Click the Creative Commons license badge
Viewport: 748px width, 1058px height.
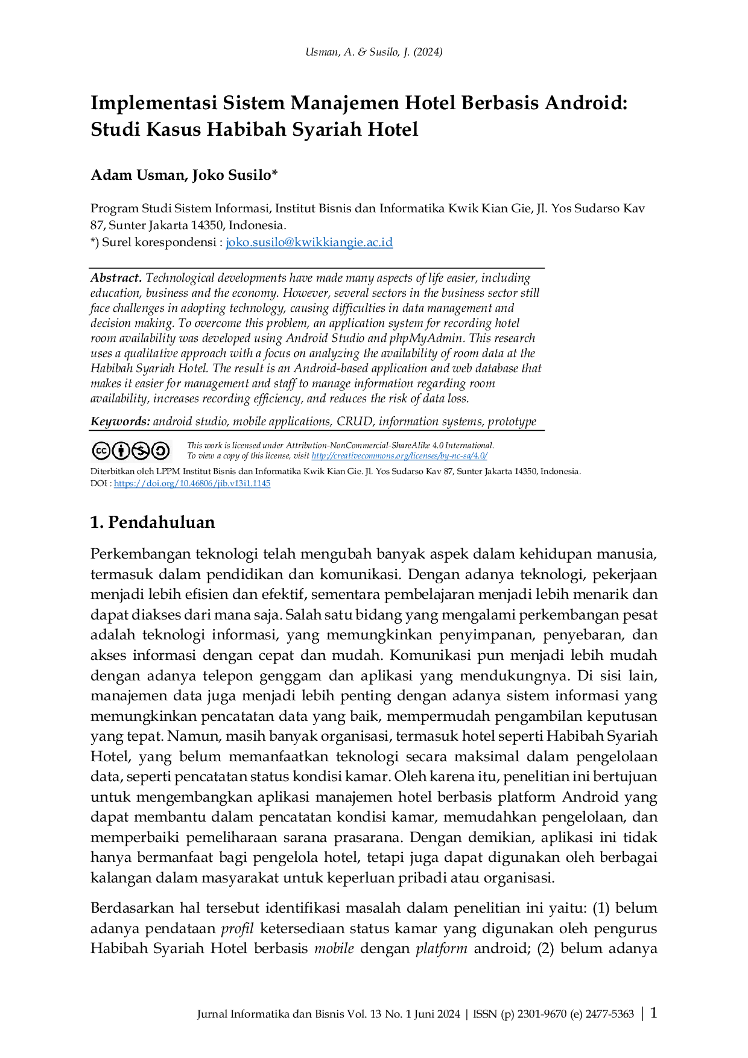click(131, 451)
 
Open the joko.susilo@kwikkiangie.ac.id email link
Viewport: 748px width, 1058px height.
click(309, 242)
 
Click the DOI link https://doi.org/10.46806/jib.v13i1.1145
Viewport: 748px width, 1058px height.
click(192, 483)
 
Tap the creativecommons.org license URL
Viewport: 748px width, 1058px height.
click(399, 456)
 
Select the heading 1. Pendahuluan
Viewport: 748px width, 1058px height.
click(153, 522)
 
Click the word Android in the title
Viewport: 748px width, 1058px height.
click(587, 103)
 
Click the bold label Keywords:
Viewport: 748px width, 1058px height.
click(120, 421)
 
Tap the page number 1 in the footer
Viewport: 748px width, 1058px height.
click(653, 1013)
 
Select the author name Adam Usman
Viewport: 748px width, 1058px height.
click(138, 175)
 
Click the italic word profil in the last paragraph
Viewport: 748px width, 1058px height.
click(237, 928)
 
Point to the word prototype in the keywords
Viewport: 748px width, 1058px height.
click(512, 422)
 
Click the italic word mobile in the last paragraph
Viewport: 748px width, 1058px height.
click(334, 948)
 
